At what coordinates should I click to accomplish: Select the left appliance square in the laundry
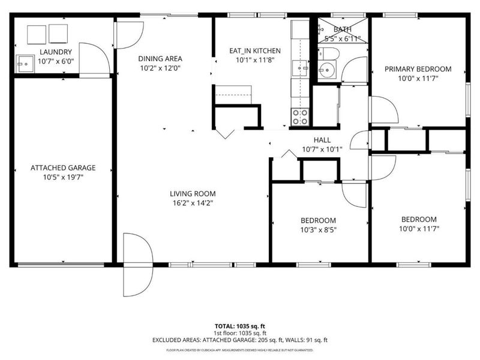tap(36, 34)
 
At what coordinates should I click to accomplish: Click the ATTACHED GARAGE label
tap(63, 168)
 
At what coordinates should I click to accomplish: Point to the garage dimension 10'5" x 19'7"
tap(63, 178)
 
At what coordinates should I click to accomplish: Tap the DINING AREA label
tap(160, 59)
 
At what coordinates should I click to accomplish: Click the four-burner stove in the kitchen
tap(300, 116)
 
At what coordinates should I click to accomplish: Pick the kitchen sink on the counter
tap(299, 69)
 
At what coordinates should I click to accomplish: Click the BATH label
tap(343, 29)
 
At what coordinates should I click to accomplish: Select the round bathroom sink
tap(328, 71)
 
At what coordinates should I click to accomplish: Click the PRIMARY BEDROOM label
tap(418, 69)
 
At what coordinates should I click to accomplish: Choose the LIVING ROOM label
tap(192, 193)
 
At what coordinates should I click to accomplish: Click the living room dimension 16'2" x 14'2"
tap(192, 203)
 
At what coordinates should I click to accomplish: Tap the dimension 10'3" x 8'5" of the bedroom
tap(319, 230)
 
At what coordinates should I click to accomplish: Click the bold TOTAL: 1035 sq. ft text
tap(240, 325)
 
